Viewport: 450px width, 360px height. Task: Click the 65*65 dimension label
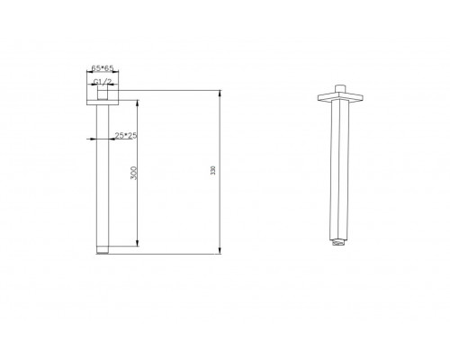(103, 68)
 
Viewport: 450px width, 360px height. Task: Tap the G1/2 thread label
(103, 82)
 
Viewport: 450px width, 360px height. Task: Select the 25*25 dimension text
(126, 136)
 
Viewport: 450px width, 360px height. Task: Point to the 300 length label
(134, 173)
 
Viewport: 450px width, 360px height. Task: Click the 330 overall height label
(213, 170)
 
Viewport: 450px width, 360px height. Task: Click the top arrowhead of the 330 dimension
(220, 94)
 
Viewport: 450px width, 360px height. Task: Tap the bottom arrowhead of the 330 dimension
(220, 251)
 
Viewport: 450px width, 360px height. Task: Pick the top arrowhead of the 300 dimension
(138, 103)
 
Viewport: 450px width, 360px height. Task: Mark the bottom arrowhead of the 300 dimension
(138, 243)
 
